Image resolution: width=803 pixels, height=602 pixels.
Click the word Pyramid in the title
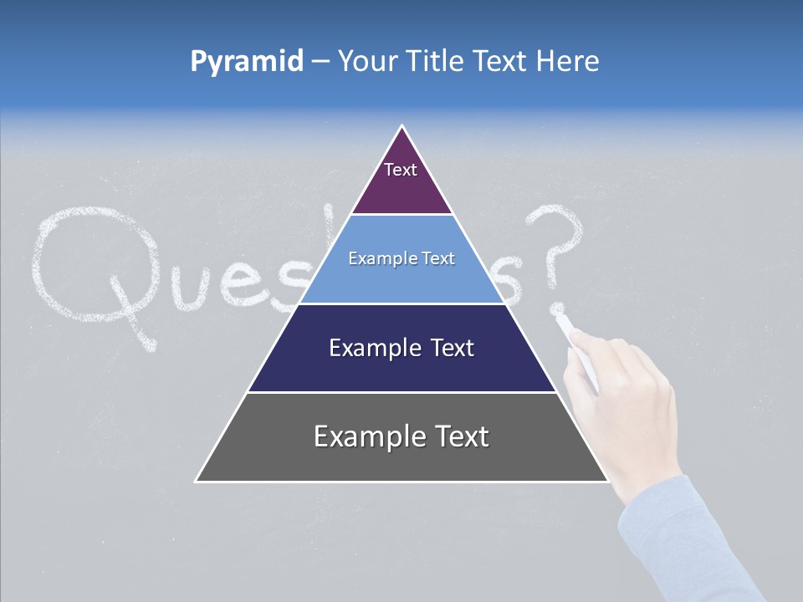(247, 62)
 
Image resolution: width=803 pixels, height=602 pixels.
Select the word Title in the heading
(435, 61)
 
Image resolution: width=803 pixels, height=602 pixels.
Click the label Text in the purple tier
(401, 170)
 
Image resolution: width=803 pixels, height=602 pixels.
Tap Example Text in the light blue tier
(401, 259)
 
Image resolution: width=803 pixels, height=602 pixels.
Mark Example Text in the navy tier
(401, 348)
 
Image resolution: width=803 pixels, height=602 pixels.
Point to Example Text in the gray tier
(401, 436)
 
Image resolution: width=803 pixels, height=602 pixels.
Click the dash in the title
(320, 62)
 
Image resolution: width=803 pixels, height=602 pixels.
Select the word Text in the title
(500, 61)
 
